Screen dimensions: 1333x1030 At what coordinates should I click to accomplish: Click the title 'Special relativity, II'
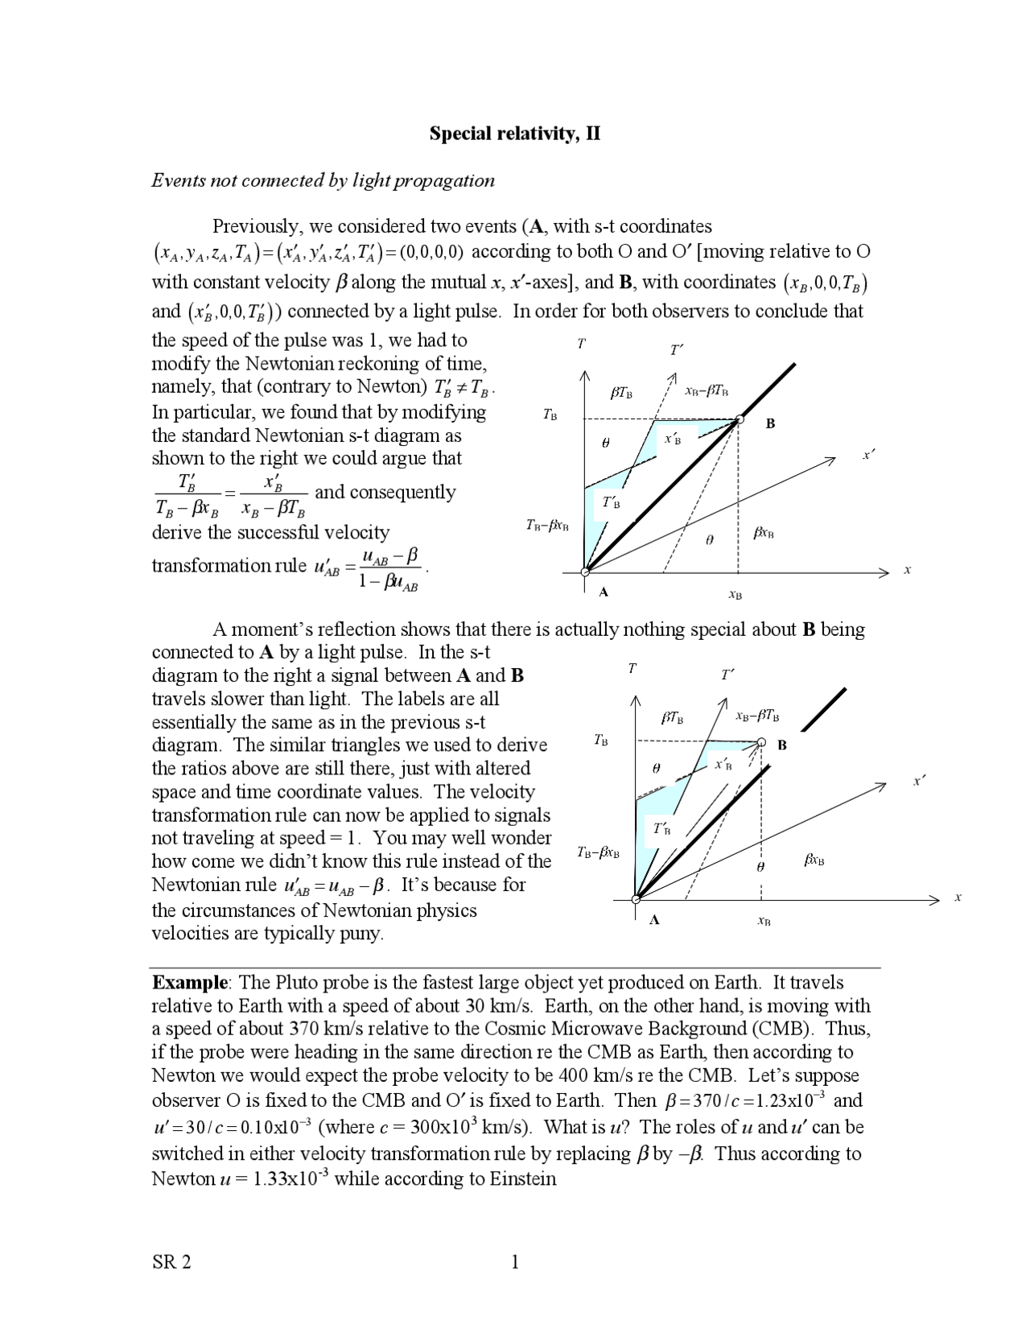pyautogui.click(x=514, y=134)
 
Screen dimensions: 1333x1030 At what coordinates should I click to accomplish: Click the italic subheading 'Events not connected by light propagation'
pyautogui.click(x=323, y=180)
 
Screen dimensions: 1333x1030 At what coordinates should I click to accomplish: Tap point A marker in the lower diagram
pyautogui.click(x=636, y=899)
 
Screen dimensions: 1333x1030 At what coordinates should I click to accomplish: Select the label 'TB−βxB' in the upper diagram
pyautogui.click(x=547, y=526)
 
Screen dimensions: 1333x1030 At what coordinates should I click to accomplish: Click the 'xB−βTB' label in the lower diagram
pyautogui.click(x=757, y=715)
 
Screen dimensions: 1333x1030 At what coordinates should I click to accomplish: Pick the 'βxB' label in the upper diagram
pyautogui.click(x=764, y=533)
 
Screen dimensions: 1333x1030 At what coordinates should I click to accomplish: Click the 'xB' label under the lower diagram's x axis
pyautogui.click(x=764, y=921)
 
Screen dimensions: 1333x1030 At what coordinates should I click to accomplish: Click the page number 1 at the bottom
pyautogui.click(x=515, y=1262)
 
